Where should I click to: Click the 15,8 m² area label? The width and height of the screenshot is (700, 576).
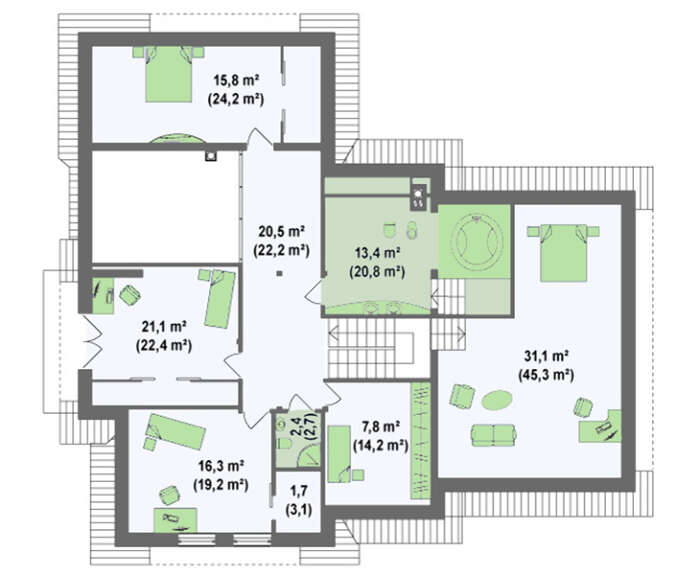[237, 81]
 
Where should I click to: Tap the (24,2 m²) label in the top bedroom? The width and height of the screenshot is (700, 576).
[236, 99]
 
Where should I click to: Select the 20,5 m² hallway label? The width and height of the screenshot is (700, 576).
[281, 232]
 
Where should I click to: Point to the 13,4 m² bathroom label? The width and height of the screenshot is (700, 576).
[377, 253]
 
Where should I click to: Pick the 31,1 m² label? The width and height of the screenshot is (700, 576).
[546, 356]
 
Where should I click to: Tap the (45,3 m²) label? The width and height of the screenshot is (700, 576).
[546, 375]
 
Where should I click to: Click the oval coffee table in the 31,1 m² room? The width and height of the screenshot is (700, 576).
[496, 399]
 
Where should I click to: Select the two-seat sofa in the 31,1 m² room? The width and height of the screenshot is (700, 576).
[494, 434]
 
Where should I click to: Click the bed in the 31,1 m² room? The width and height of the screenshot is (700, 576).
[563, 252]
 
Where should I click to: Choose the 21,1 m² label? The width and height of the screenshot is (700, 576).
[164, 327]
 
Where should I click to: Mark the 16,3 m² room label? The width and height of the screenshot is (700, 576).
[221, 467]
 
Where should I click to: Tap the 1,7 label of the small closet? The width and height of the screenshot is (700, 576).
[299, 491]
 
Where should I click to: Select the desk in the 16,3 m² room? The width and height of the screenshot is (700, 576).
[175, 520]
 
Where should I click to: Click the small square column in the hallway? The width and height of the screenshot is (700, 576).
[279, 274]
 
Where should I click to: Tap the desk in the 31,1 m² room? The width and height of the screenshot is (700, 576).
[600, 426]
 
